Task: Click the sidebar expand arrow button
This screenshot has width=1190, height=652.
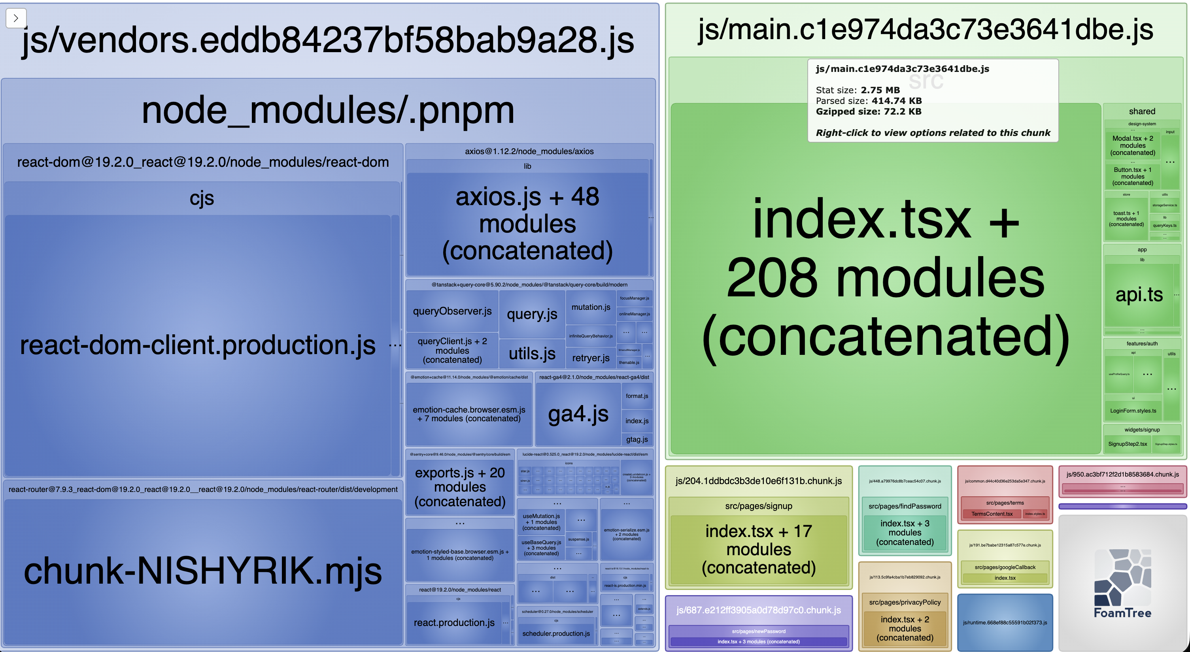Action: (x=16, y=18)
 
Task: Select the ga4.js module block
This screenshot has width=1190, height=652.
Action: (x=578, y=414)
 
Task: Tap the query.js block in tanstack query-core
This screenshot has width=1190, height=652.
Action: (x=532, y=314)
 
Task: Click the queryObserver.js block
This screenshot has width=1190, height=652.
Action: (x=452, y=311)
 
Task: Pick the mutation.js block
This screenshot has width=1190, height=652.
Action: (x=590, y=307)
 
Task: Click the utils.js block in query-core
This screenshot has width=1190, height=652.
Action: (x=532, y=354)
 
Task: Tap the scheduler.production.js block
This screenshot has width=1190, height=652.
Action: (x=556, y=633)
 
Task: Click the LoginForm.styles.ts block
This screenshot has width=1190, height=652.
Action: (x=1133, y=411)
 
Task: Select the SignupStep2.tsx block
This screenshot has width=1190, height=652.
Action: (x=1127, y=444)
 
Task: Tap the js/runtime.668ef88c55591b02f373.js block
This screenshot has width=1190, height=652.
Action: (x=1005, y=622)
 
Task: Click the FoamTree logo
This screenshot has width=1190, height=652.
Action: (x=1122, y=584)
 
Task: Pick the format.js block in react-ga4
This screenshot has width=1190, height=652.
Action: (x=637, y=396)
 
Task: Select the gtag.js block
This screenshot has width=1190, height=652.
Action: (x=637, y=439)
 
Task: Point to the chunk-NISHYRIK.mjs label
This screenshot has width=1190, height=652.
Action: (x=202, y=571)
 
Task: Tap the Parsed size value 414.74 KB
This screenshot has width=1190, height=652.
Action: (x=896, y=101)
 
